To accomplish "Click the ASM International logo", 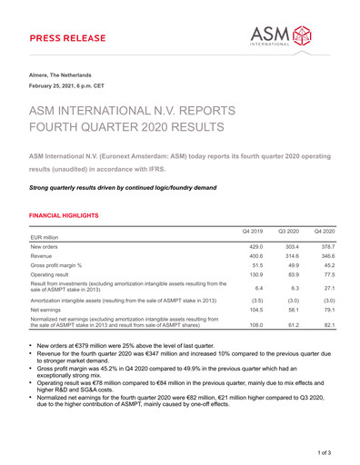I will (290, 33).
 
